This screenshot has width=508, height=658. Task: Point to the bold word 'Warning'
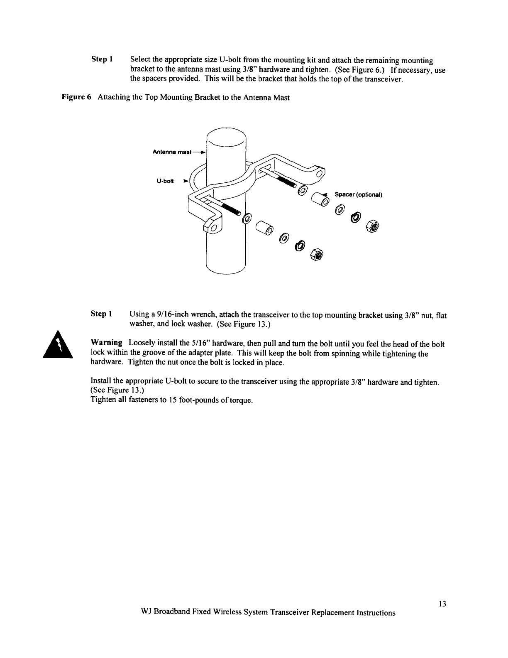coord(107,343)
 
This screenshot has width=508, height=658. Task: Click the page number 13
coord(442,604)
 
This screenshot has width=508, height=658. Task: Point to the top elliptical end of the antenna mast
coord(227,136)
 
